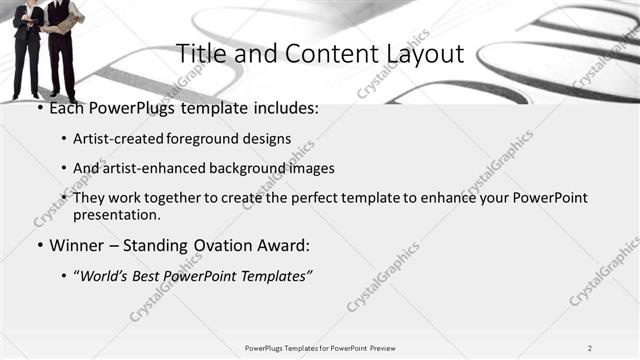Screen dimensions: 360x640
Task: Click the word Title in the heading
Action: (198, 54)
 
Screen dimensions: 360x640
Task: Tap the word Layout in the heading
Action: (421, 54)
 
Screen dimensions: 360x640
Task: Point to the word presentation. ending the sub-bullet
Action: (116, 214)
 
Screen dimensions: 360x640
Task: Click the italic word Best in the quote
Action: (144, 276)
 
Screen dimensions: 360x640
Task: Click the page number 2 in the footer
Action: (590, 348)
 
